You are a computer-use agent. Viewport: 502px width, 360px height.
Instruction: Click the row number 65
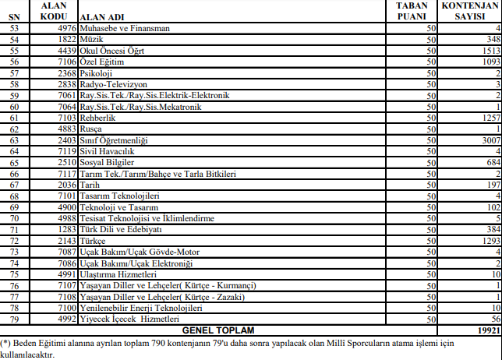tap(13, 162)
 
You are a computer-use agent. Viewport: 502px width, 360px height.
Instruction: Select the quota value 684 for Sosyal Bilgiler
tap(490, 162)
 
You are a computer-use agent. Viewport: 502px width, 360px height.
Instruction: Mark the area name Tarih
tap(91, 185)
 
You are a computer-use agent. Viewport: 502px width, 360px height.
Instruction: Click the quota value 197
tap(490, 185)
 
